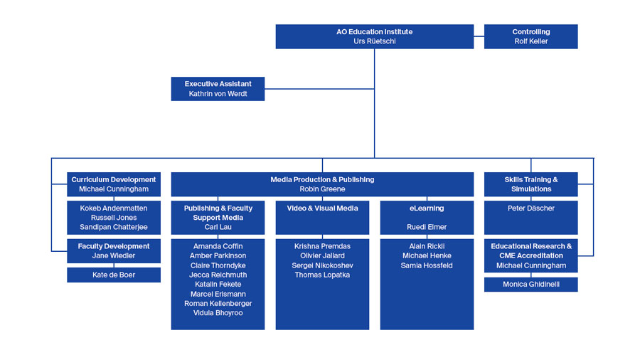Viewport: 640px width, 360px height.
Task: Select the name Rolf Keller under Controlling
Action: pos(530,41)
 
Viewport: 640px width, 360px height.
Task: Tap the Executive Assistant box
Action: pos(218,89)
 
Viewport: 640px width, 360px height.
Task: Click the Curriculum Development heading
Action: pos(114,179)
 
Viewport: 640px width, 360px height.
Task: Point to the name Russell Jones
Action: pos(114,218)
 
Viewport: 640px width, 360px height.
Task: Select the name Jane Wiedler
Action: pos(114,256)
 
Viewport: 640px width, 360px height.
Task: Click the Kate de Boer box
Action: pos(114,275)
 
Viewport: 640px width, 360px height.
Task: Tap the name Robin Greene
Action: pos(322,189)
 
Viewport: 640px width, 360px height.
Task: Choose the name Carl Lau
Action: pos(218,227)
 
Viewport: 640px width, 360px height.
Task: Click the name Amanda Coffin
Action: pos(218,246)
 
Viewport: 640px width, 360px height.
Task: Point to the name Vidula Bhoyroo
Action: pos(218,313)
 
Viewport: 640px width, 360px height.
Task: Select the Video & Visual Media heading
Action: pos(322,208)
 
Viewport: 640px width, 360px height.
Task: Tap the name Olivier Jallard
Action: pos(322,255)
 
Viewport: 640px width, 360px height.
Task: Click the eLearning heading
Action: pos(427,208)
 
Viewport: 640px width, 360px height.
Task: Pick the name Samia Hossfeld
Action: pos(427,265)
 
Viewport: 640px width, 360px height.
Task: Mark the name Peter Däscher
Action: pos(530,208)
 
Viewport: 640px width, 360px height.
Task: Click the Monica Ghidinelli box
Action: pos(530,285)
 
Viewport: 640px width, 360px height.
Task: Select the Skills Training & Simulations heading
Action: pos(530,184)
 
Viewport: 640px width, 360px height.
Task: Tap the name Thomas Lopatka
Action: pos(322,275)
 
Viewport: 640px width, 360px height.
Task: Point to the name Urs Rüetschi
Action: pos(374,41)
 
